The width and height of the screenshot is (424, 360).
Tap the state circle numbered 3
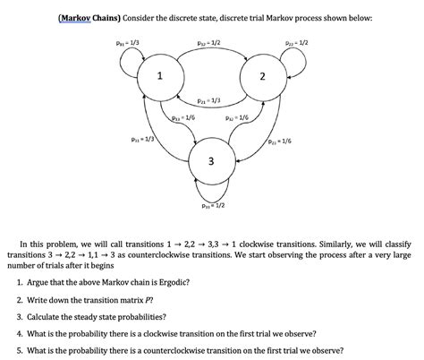210,160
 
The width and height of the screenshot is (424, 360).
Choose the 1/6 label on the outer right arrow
278,141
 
